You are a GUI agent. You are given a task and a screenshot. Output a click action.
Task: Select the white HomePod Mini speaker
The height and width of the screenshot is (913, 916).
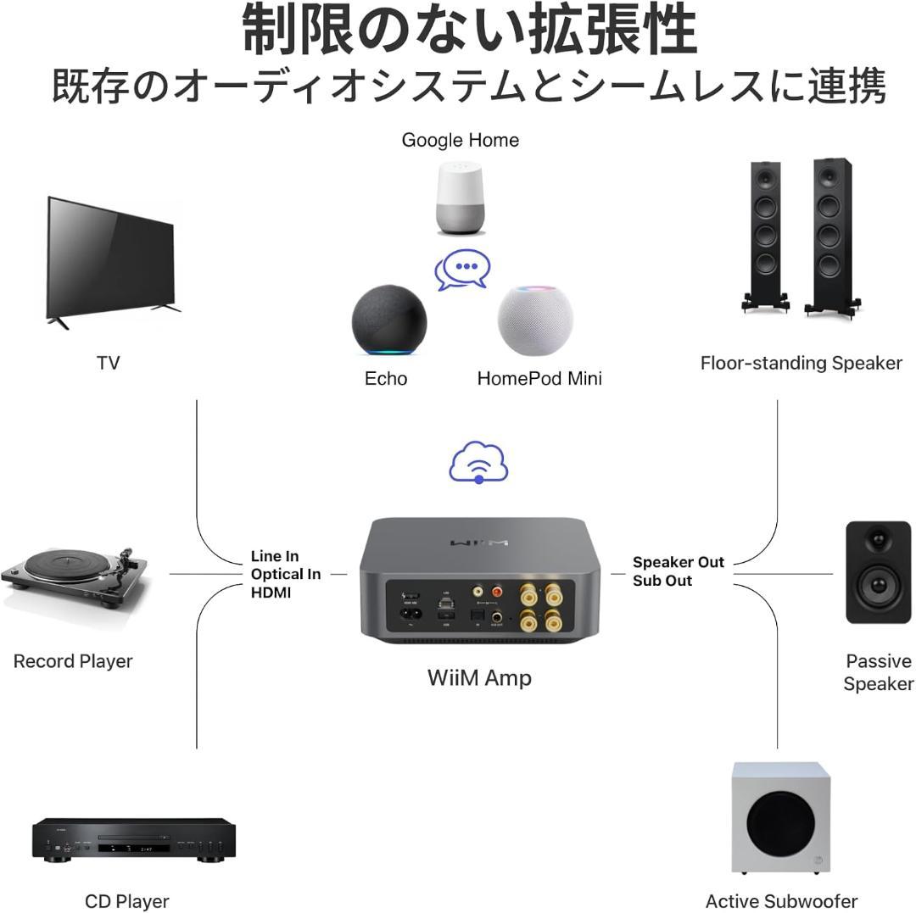click(534, 322)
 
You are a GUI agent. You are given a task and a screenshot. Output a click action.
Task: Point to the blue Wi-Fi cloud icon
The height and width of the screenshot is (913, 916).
click(479, 462)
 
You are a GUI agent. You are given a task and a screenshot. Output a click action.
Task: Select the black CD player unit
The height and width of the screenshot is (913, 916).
click(133, 839)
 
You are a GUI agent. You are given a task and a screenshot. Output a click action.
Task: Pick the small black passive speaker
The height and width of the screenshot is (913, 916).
click(878, 572)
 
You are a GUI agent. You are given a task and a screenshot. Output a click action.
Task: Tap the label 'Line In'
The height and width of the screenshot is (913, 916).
click(275, 556)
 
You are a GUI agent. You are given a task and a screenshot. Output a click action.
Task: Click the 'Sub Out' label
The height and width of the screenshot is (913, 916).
click(662, 581)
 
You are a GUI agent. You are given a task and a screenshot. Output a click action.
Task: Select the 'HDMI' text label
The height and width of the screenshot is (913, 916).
click(271, 593)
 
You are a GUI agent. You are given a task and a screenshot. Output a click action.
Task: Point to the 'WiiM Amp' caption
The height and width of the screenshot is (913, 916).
click(479, 677)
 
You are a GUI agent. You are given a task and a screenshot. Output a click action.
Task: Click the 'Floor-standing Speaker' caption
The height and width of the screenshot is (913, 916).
click(801, 363)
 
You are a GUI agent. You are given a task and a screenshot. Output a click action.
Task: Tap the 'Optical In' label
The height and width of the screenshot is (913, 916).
click(285, 574)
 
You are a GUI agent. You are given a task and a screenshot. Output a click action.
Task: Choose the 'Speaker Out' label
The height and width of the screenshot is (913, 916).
click(679, 562)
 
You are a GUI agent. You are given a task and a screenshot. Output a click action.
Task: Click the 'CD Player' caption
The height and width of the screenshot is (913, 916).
click(127, 901)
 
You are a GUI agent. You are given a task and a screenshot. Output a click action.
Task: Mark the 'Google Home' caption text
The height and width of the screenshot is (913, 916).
click(460, 140)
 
